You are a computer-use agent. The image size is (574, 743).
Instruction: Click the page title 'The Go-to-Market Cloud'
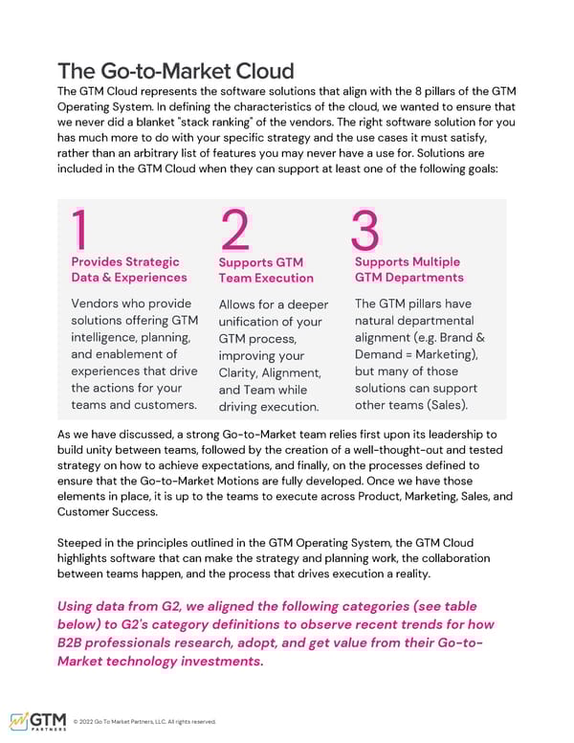[x=176, y=71]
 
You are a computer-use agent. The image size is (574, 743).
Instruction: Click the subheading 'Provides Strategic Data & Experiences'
[x=129, y=269]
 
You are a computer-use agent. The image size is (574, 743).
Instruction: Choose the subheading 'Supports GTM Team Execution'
[x=266, y=270]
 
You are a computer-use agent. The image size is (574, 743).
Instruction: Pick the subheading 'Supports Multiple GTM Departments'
[x=408, y=269]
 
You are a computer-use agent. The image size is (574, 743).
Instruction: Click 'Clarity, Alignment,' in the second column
[x=269, y=372]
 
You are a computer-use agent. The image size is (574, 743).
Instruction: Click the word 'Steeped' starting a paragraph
[x=83, y=541]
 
